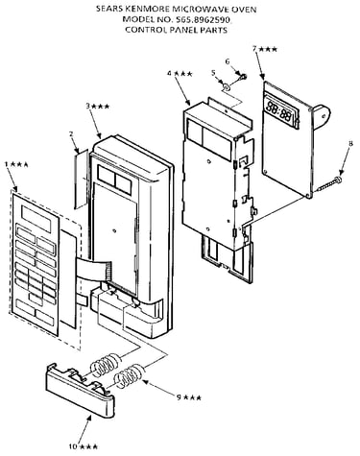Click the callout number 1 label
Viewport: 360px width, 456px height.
(6, 164)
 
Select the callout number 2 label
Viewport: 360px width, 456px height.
(71, 133)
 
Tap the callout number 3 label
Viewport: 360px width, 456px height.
(88, 106)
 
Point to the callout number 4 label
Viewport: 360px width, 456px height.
(170, 74)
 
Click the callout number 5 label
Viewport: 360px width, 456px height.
(213, 73)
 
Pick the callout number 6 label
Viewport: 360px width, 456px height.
(228, 61)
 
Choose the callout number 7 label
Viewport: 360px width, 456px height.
(254, 49)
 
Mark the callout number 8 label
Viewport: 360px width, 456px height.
(350, 144)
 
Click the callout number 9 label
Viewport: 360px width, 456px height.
(180, 397)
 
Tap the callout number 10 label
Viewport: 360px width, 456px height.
(73, 446)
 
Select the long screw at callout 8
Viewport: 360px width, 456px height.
(327, 184)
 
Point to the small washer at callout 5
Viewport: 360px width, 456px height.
(227, 86)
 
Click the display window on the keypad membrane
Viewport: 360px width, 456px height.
(36, 219)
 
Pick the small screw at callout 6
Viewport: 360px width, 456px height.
(244, 76)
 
